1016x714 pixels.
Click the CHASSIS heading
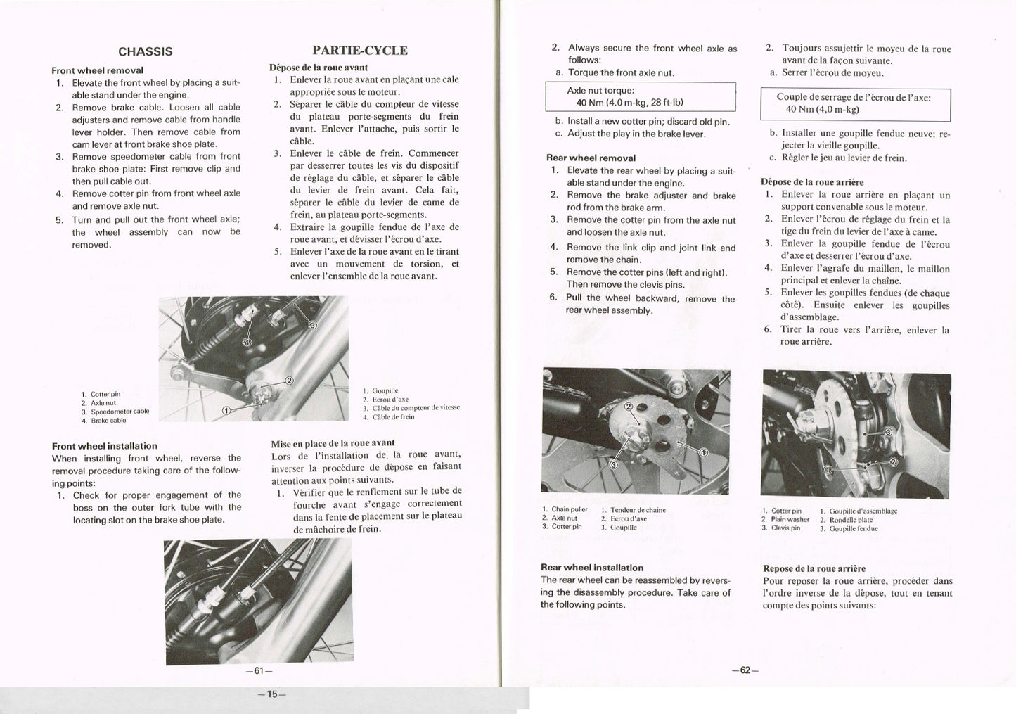click(145, 51)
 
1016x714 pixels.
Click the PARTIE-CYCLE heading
click(359, 51)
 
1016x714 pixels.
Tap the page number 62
click(745, 670)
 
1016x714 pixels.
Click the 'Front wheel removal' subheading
click(97, 70)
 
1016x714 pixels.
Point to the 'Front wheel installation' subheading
click(105, 446)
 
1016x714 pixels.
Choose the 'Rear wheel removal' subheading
click(591, 158)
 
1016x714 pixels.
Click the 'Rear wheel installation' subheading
click(592, 568)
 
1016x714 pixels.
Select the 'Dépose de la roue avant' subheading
click(319, 68)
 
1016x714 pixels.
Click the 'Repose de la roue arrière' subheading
click(814, 568)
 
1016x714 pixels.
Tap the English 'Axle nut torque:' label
click(600, 91)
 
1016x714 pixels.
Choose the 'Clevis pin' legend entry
click(785, 528)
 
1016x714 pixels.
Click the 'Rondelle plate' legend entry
click(853, 520)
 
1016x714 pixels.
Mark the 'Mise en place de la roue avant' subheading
click(333, 443)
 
